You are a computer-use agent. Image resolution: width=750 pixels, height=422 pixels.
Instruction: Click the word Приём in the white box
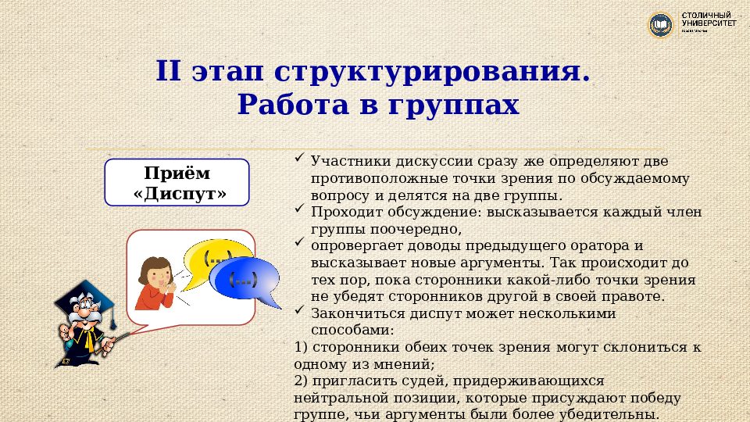coord(177,173)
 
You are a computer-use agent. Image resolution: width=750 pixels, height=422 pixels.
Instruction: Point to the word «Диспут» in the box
coord(177,194)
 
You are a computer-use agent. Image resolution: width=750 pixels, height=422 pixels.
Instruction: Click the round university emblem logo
coord(661,25)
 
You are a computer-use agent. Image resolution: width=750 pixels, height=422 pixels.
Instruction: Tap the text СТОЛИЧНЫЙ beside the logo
coord(706,16)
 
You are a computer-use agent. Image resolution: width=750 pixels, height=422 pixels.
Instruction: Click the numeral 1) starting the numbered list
coord(301,347)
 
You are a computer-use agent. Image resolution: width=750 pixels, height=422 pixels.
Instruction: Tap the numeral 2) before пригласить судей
coord(301,381)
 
